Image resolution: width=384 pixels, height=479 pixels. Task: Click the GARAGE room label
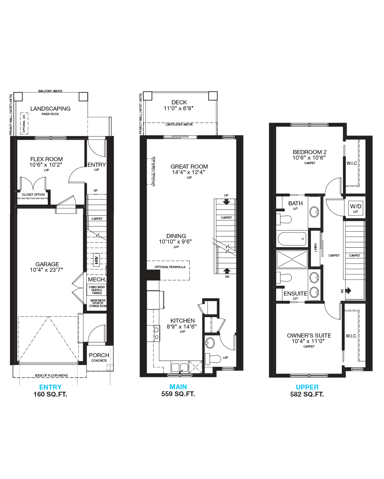47,264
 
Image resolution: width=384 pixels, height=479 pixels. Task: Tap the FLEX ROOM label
46,159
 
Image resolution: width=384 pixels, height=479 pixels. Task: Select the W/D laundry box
355,208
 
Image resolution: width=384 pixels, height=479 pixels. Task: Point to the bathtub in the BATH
292,239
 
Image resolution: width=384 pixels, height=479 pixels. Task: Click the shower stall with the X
292,259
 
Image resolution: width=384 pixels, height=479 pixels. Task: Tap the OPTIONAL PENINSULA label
170,267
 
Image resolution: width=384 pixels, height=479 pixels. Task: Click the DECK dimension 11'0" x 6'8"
178,108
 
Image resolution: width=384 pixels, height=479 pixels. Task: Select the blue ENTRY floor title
50,387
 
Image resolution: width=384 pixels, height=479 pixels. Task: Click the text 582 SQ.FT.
307,394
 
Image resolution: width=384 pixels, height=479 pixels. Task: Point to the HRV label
96,259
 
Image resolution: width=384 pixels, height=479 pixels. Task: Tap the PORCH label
99,355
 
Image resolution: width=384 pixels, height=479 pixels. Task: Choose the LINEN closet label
315,248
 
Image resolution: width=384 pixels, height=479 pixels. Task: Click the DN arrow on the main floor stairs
227,271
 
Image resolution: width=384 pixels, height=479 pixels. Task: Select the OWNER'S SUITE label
309,335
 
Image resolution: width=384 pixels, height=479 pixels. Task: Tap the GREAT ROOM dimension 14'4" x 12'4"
188,172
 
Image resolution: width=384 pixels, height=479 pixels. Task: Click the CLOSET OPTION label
33,195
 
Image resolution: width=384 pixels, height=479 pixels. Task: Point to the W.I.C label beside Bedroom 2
351,163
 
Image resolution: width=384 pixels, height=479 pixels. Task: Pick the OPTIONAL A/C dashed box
24,124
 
